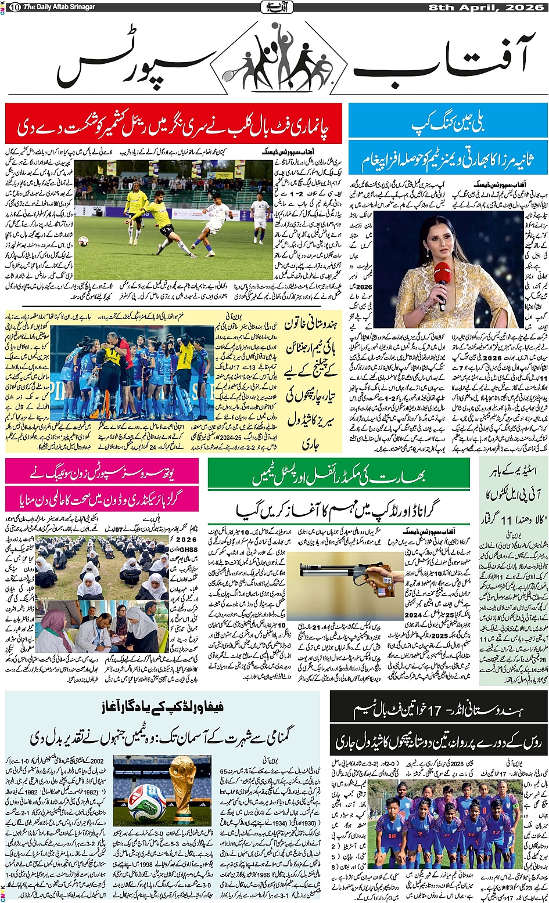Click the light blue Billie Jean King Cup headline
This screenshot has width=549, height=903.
pos(447,124)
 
